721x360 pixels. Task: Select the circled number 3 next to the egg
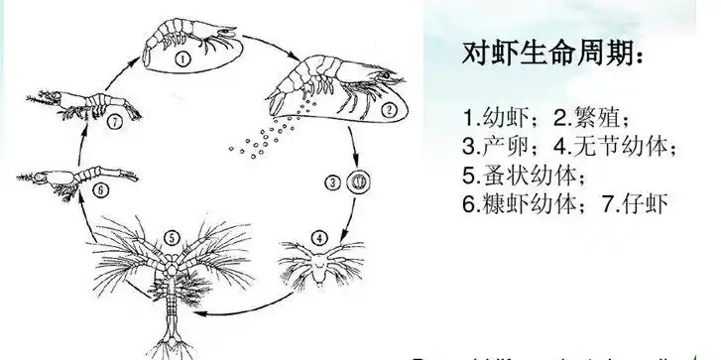(x=335, y=183)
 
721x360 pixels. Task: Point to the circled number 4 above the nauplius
(x=319, y=238)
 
